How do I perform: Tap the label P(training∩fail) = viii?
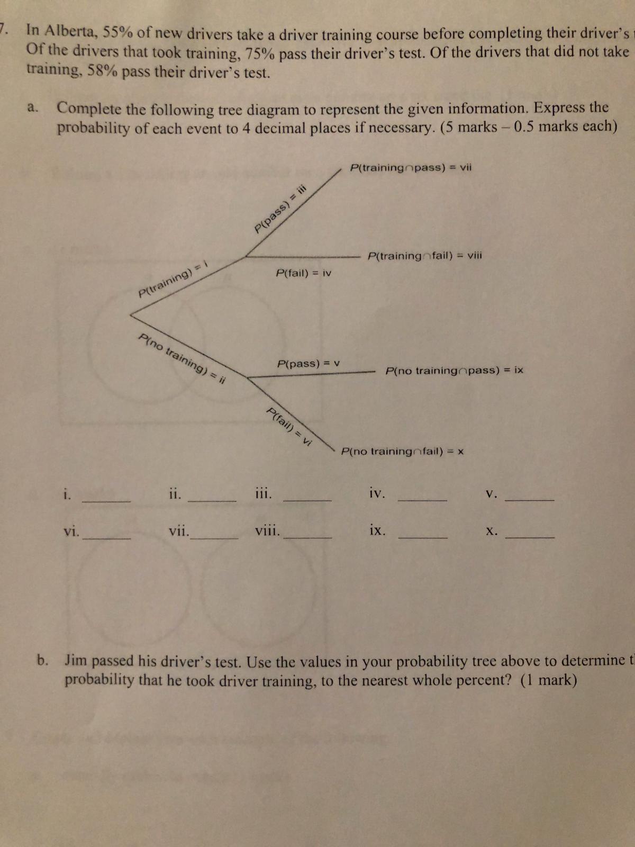(x=425, y=256)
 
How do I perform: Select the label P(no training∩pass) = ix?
(x=455, y=370)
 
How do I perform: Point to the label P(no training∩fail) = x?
(x=403, y=452)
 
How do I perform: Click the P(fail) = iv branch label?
(x=304, y=273)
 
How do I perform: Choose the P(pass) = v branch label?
(x=309, y=364)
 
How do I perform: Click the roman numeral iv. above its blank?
(x=377, y=494)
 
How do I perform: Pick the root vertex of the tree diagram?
(x=131, y=315)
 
